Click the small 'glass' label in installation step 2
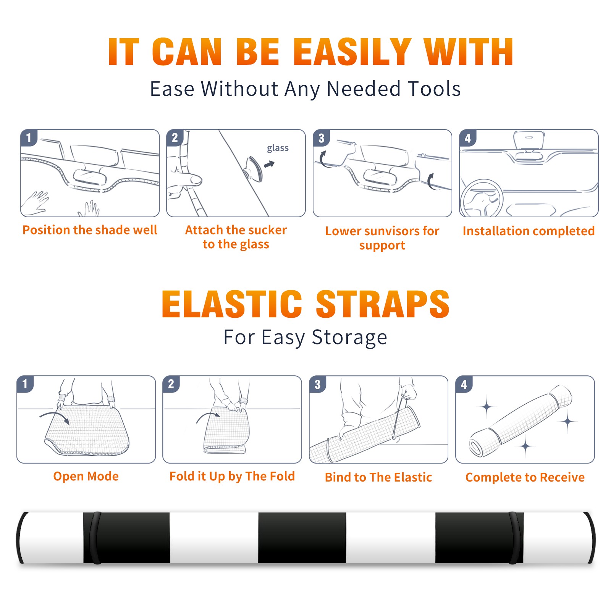pos(278,148)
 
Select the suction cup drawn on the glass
pos(254,168)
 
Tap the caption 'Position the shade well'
pos(90,230)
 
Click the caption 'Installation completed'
pos(529,231)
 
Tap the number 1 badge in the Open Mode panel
pos(25,384)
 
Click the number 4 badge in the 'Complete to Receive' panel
pos(464,384)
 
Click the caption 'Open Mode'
pos(86,476)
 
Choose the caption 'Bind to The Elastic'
pos(378,477)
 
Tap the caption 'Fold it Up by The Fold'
pos(232,476)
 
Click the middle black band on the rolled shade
pos(302,538)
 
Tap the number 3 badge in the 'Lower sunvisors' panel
pos(321,138)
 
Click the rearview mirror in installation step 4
pos(529,140)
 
